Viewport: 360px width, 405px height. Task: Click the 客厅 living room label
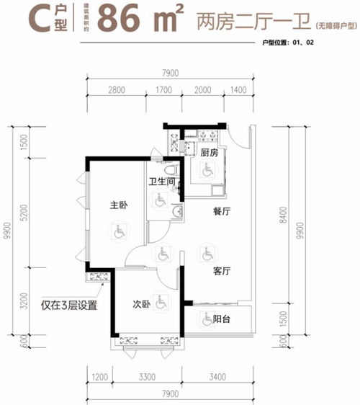[221, 272]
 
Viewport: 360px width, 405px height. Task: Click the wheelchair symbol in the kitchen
[207, 171]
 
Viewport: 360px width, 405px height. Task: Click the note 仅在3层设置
[69, 305]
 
